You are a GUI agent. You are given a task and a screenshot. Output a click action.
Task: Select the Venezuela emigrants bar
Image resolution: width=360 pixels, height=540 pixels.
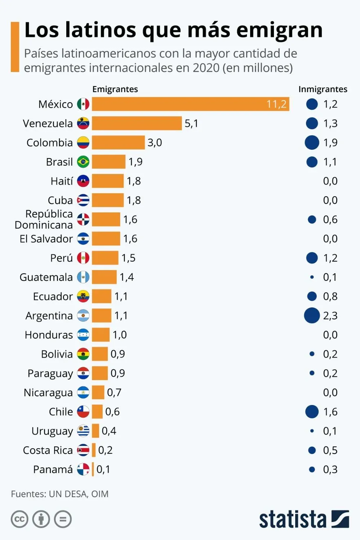coord(137,123)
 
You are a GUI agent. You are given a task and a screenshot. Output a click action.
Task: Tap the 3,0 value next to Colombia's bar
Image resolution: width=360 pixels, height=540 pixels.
coord(154,143)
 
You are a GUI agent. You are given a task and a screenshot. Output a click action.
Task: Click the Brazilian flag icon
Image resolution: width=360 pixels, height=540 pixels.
coord(83,162)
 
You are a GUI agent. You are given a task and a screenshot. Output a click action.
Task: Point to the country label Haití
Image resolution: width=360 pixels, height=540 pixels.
coord(62,181)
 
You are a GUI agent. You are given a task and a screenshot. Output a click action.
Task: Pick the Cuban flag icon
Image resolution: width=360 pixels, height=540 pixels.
coord(83,200)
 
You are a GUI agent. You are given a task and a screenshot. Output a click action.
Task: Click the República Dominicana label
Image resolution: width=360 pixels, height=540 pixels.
coord(44,219)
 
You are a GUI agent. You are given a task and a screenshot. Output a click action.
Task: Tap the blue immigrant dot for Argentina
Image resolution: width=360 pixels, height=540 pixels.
coord(312,315)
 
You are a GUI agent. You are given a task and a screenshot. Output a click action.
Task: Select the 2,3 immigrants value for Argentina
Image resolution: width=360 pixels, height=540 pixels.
coord(330,316)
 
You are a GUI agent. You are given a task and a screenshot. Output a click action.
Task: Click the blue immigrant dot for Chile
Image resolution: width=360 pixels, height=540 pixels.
coord(312,411)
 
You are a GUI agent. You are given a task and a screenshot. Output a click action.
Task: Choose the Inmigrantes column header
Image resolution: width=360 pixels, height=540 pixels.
coord(323,89)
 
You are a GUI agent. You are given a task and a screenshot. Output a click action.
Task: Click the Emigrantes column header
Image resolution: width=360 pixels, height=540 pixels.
coord(115,89)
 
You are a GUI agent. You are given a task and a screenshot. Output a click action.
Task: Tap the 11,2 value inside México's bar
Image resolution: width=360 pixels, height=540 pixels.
coord(276,104)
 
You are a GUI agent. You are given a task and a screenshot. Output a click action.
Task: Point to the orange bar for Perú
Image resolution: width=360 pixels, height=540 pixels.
coord(105,258)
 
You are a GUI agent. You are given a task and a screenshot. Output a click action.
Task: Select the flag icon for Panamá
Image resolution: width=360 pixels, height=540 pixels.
coord(83,469)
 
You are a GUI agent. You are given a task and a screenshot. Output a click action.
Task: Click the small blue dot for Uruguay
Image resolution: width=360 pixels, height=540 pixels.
coord(312,431)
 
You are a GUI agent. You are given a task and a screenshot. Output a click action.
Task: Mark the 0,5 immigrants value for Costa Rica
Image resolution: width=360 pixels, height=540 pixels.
coord(330,450)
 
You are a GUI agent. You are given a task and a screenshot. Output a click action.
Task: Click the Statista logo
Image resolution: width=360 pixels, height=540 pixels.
coord(304,519)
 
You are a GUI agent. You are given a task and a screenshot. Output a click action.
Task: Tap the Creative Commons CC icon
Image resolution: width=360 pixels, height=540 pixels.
coord(19,519)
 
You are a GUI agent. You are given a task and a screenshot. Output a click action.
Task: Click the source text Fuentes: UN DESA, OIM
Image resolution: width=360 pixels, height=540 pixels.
coord(60,494)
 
